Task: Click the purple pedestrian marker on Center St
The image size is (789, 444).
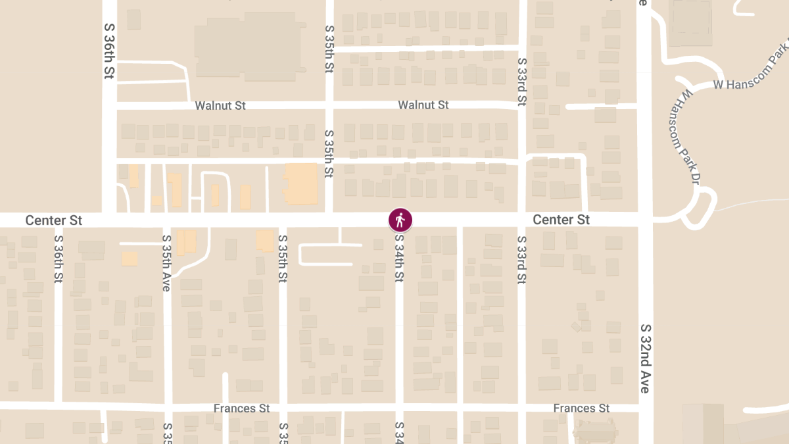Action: (400, 220)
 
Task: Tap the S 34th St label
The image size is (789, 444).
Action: (398, 259)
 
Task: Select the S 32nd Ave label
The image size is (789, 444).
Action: (646, 358)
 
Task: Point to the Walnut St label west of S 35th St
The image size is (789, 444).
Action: (220, 105)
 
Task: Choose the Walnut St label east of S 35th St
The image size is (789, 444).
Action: (423, 105)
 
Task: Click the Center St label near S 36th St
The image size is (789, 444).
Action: (54, 220)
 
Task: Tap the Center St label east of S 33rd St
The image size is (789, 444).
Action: (561, 220)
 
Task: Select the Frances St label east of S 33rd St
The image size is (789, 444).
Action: (581, 408)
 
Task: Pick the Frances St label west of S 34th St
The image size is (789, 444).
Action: (241, 408)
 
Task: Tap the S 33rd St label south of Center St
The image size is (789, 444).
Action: (522, 259)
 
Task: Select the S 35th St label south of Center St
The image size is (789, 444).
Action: (283, 259)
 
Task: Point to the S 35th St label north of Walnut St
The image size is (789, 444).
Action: (329, 49)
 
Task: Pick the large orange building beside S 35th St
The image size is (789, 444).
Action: (300, 184)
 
